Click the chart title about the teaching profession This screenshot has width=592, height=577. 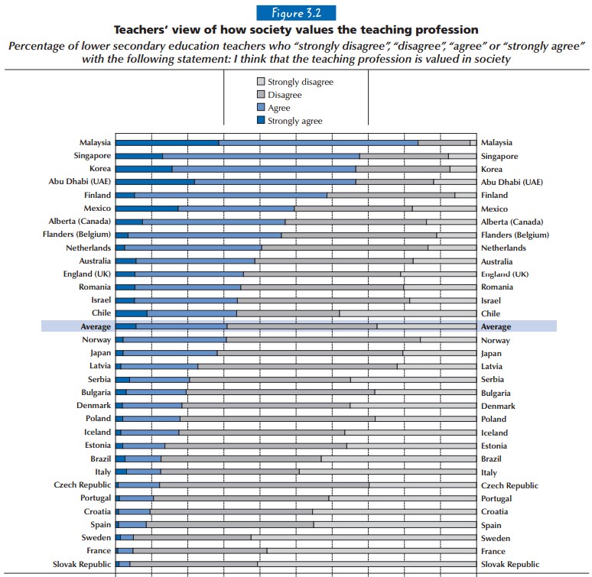click(x=296, y=31)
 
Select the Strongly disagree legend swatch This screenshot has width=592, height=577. click(x=260, y=81)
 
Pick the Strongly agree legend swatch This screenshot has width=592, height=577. click(x=260, y=121)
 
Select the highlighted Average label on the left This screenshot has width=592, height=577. click(x=96, y=327)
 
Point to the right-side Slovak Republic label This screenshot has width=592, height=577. click(x=509, y=564)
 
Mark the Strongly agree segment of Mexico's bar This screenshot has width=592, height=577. click(x=147, y=208)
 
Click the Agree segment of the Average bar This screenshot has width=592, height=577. click(x=181, y=326)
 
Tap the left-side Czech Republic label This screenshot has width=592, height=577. click(x=82, y=485)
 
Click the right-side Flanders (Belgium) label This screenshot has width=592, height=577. click(x=514, y=235)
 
